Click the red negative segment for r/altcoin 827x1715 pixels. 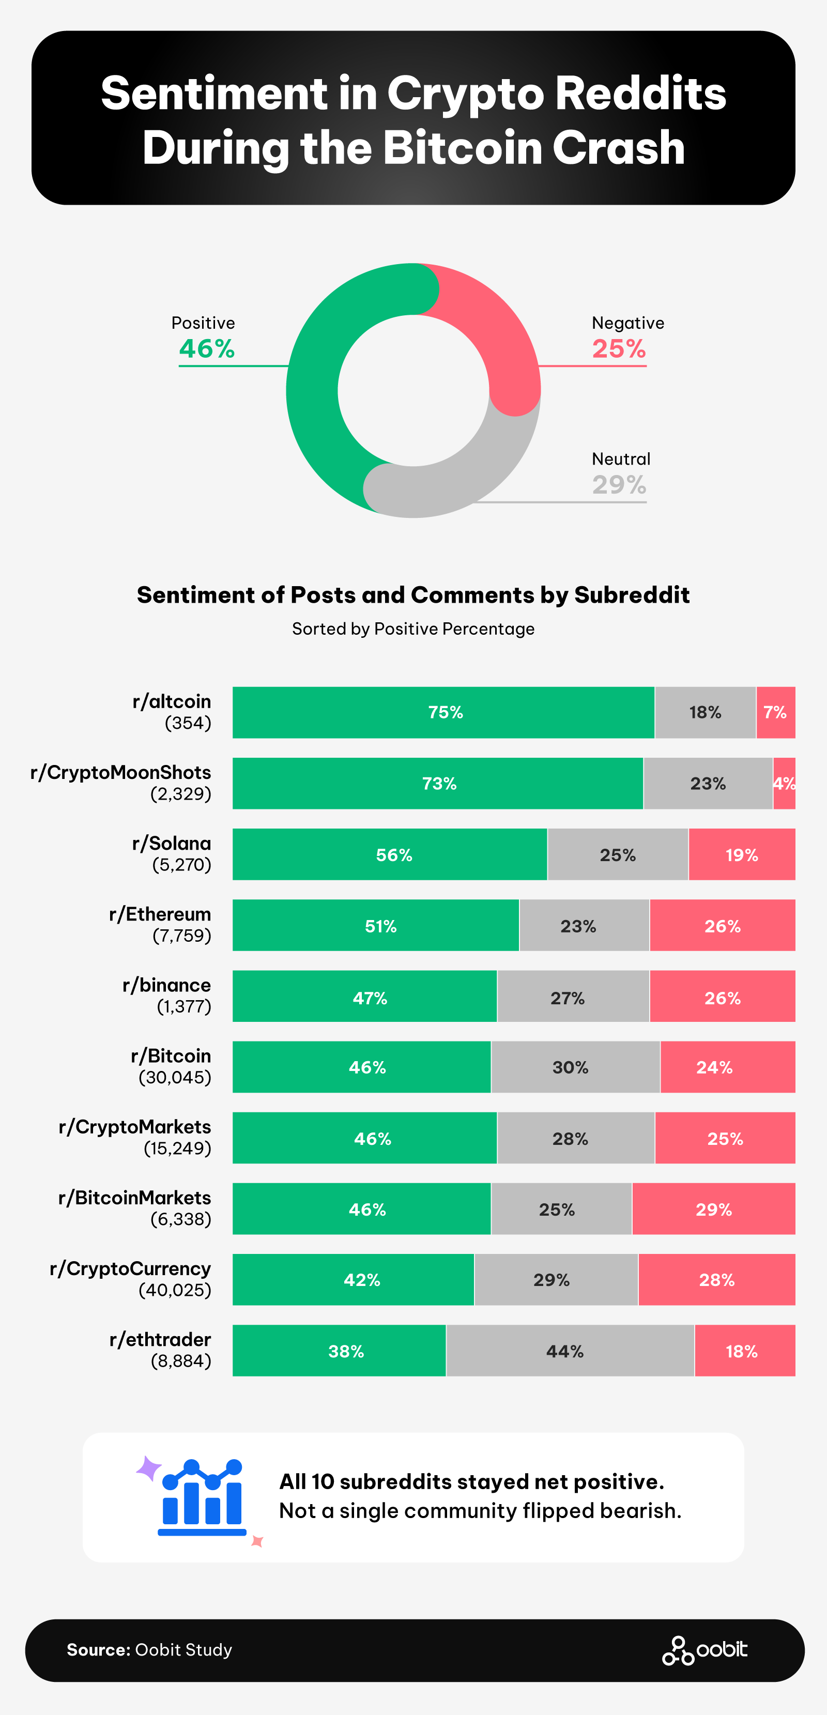point(776,712)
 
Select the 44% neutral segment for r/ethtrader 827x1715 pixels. point(570,1351)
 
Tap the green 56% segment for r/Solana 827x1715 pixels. point(390,855)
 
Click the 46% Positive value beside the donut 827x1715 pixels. point(206,349)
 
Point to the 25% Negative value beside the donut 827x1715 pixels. point(619,349)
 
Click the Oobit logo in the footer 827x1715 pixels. point(705,1650)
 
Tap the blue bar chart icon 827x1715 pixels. point(202,1497)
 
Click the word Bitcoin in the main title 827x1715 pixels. point(462,148)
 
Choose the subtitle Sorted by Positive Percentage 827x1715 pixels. point(413,629)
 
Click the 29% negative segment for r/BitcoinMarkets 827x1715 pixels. point(714,1209)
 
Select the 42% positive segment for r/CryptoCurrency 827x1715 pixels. point(354,1280)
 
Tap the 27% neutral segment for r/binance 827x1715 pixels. point(573,997)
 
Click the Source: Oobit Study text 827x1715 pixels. point(149,1650)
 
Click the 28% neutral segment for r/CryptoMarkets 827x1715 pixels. point(576,1139)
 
